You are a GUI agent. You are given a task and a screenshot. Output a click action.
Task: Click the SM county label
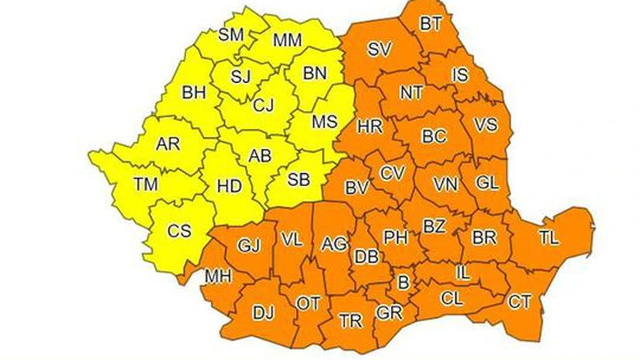[x=230, y=34]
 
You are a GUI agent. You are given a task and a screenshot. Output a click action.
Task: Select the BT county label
[x=431, y=23]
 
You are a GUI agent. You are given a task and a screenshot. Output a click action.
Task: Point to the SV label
[x=379, y=50]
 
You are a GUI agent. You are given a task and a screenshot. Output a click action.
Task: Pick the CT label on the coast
[x=520, y=302]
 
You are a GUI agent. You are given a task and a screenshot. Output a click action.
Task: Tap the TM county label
[x=145, y=183]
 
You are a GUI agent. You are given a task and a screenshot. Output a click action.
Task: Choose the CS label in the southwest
[x=179, y=231]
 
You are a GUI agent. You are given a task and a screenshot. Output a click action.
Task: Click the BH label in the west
[x=193, y=92]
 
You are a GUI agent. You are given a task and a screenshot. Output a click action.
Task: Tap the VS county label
[x=485, y=125]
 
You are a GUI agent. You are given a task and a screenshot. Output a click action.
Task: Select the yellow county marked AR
[x=168, y=145]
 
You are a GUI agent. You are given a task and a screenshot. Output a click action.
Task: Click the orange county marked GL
[x=487, y=183]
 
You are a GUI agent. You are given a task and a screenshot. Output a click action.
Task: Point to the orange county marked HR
[x=369, y=126]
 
